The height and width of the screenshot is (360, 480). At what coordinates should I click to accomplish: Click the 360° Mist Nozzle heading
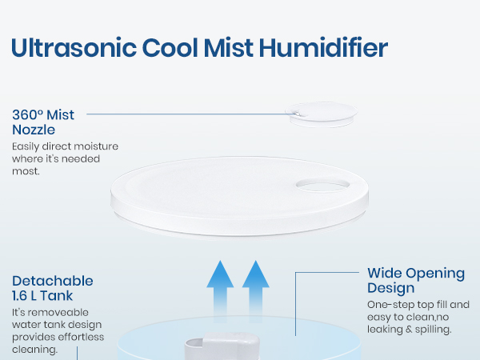[x=43, y=121]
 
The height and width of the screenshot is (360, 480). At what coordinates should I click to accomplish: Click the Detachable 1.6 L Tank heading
[x=53, y=289]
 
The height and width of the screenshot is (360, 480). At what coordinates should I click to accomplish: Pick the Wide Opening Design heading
[x=415, y=281]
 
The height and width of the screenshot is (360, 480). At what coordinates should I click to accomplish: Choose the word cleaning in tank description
[x=34, y=350]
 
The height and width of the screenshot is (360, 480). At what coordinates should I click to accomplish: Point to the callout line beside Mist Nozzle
[x=184, y=114]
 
